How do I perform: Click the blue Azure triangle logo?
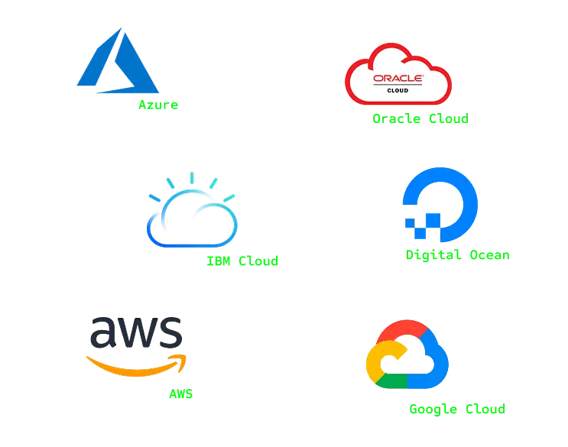click(x=115, y=65)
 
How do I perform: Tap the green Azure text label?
click(x=158, y=105)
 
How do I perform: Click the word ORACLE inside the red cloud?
click(x=398, y=78)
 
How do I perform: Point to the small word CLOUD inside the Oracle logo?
click(x=398, y=90)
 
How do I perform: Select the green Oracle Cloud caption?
click(x=420, y=119)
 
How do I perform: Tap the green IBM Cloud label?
click(x=242, y=261)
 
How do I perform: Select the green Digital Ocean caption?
click(x=458, y=255)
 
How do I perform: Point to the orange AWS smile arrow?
click(x=138, y=365)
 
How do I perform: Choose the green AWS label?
click(x=181, y=394)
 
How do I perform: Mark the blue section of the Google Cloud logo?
click(x=433, y=367)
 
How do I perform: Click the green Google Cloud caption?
click(x=457, y=410)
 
